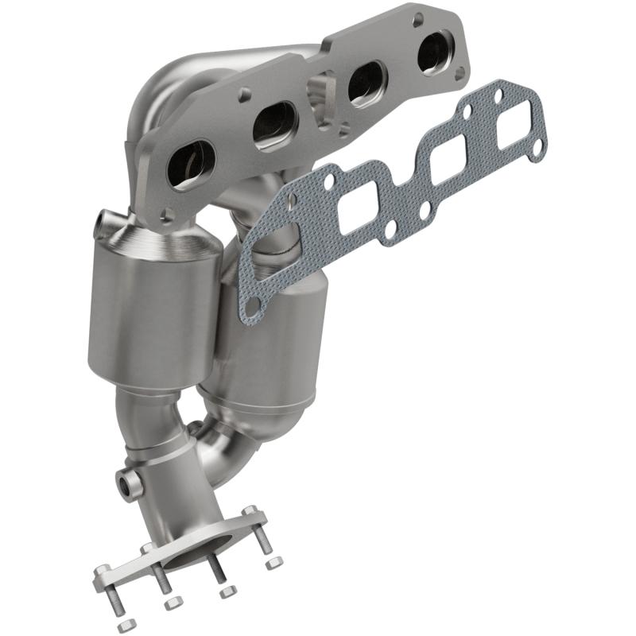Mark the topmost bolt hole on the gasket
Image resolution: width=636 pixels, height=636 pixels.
point(498,96)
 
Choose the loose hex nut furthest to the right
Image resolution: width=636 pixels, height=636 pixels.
point(274,563)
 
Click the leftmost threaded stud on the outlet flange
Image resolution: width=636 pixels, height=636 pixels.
point(107,585)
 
